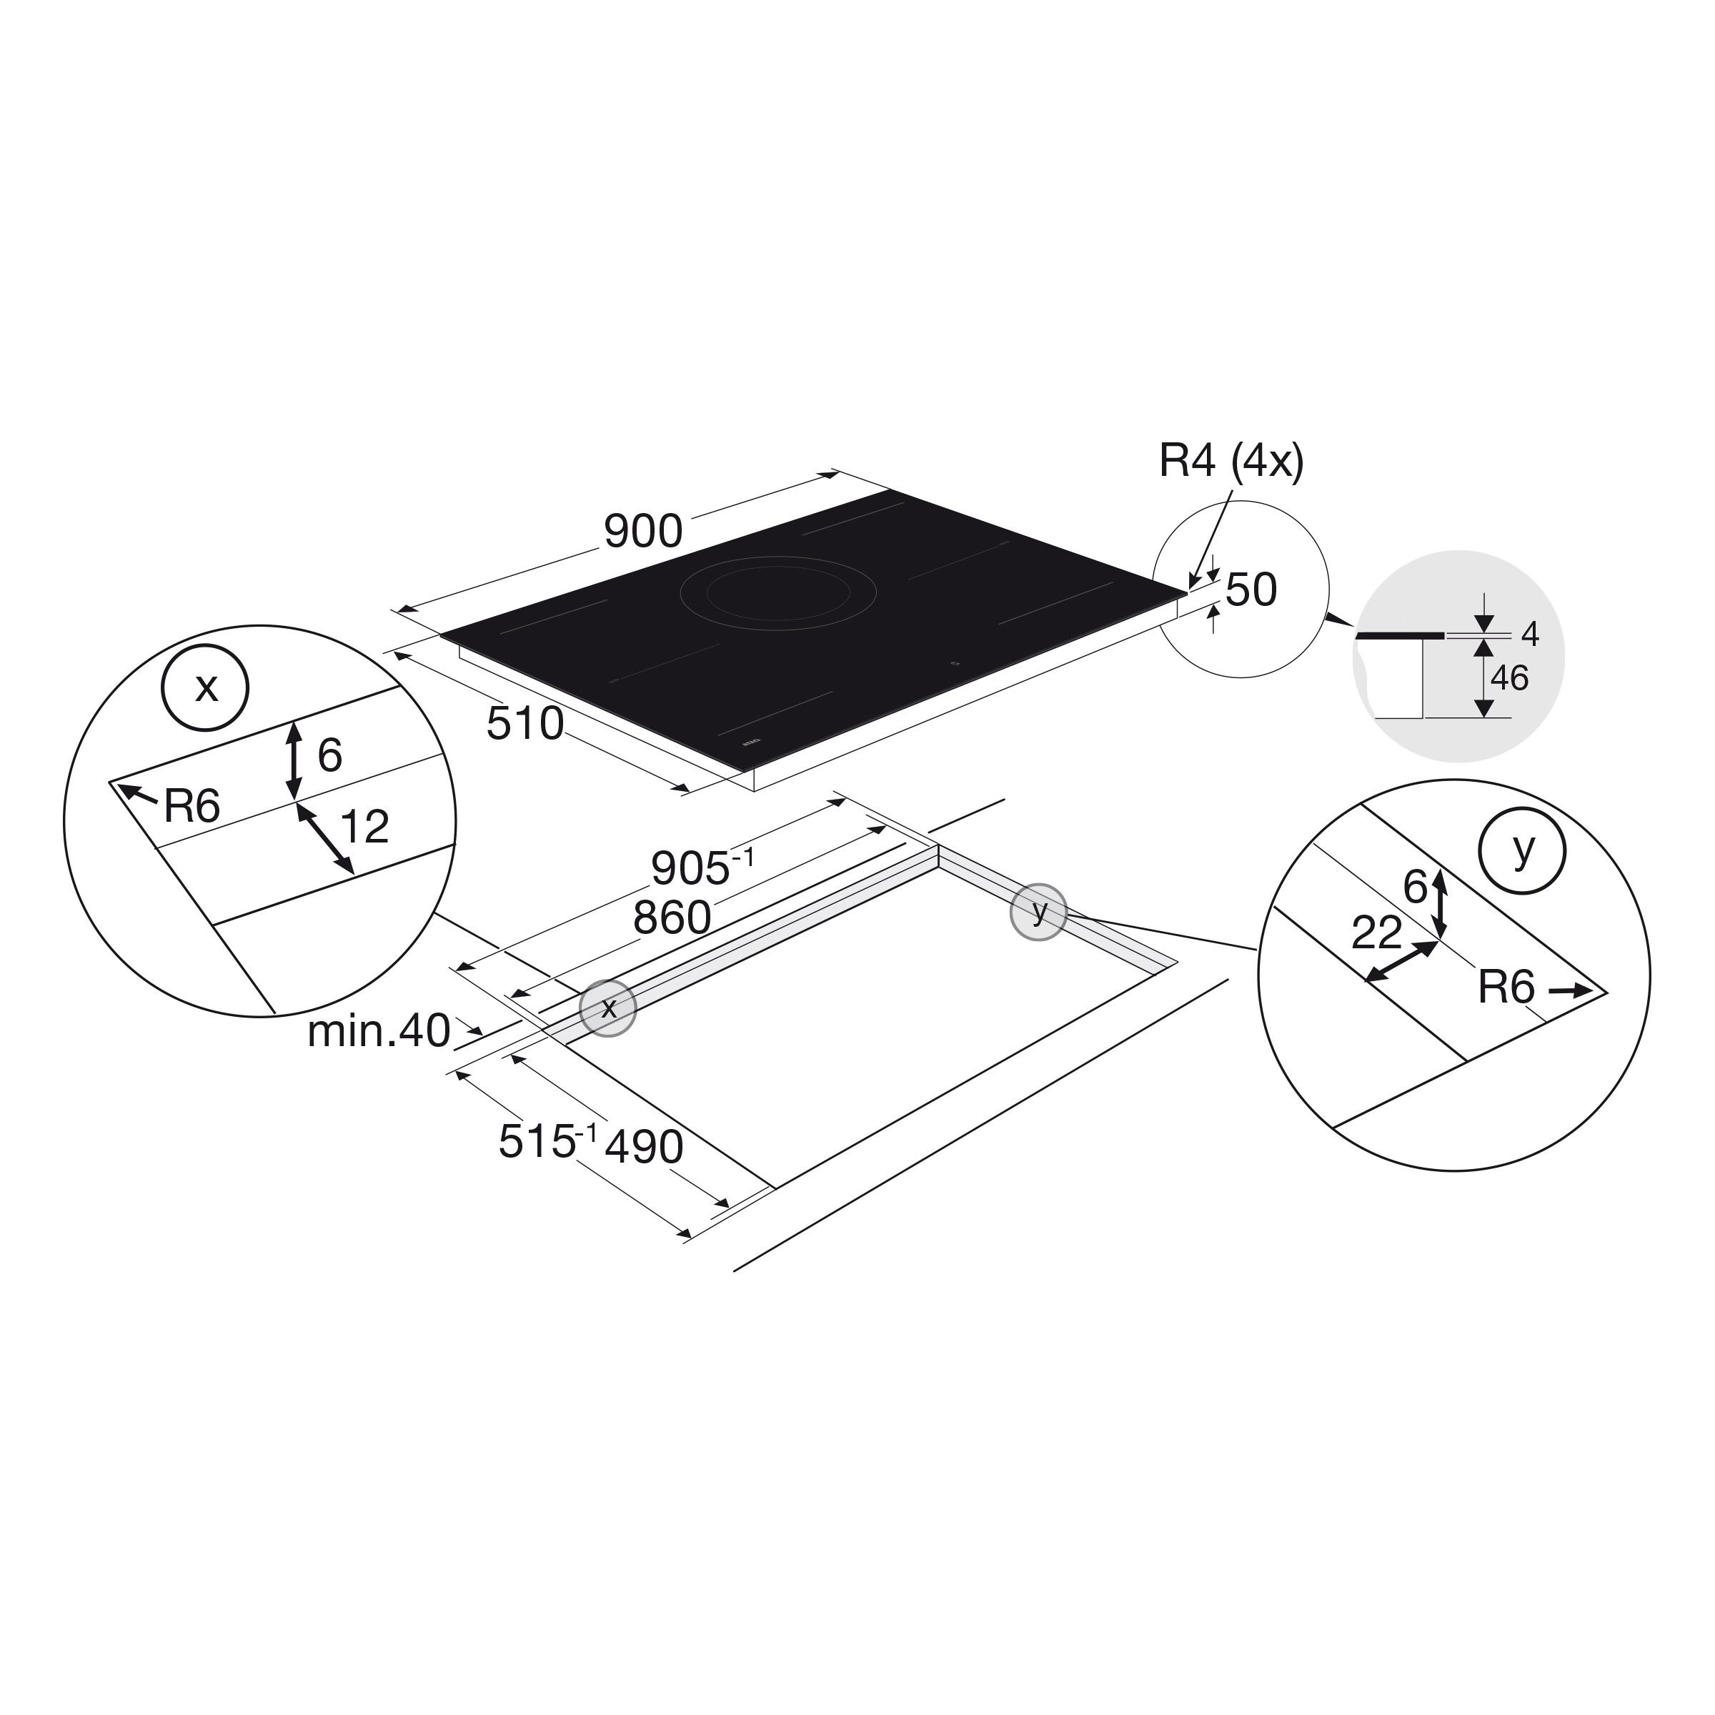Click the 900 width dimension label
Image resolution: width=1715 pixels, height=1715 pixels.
644,532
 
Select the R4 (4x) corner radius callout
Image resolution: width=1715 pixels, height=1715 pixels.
1231,462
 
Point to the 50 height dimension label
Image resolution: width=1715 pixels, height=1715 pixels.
1252,590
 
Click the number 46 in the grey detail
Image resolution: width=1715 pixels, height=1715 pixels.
1509,679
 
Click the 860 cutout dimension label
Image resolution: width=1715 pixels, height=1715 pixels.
672,918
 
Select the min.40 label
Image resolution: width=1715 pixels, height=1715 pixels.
379,1031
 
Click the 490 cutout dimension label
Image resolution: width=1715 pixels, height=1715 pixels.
645,1147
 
